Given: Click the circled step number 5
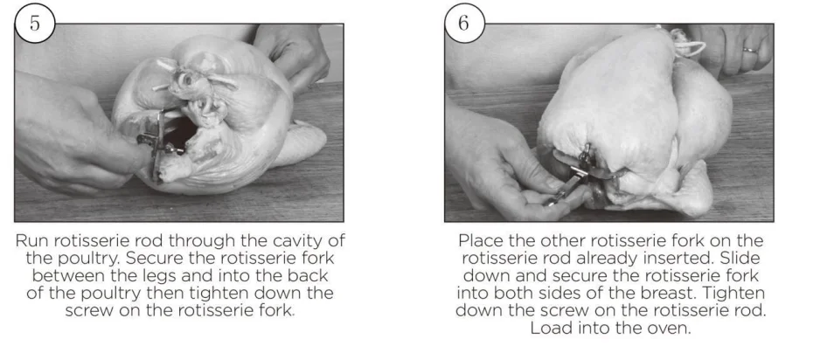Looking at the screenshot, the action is [35, 24].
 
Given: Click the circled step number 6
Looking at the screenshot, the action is [464, 24].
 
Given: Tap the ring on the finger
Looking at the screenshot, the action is [750, 50].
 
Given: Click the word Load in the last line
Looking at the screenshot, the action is [548, 328].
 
